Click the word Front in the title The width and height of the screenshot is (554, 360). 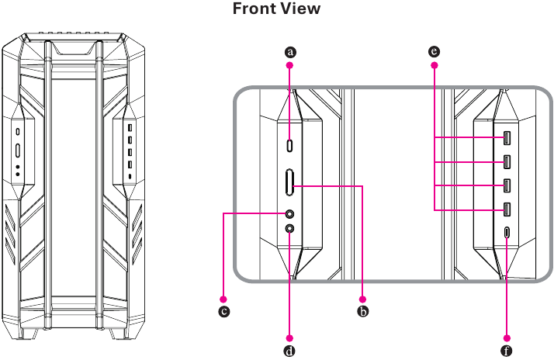pyautogui.click(x=254, y=9)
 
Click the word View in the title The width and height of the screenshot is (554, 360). pyautogui.click(x=301, y=9)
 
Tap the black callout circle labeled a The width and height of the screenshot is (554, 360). pyautogui.click(x=290, y=52)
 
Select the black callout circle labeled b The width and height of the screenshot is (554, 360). pyautogui.click(x=363, y=311)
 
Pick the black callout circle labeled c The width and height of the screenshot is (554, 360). pyautogui.click(x=223, y=311)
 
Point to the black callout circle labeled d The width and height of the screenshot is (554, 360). pyautogui.click(x=289, y=351)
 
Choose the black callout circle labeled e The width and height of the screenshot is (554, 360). pyautogui.click(x=435, y=52)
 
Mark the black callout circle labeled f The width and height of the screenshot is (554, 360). pyautogui.click(x=507, y=351)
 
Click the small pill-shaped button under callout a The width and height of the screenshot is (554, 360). pyautogui.click(x=290, y=145)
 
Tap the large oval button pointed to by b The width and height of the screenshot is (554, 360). pyautogui.click(x=289, y=182)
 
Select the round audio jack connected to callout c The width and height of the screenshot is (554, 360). pyautogui.click(x=289, y=213)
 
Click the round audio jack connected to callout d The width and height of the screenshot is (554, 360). pyautogui.click(x=289, y=229)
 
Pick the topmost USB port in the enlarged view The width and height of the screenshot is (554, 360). pyautogui.click(x=507, y=138)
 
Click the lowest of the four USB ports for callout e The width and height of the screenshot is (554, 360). pyautogui.click(x=507, y=209)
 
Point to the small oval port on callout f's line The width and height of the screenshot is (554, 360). pyautogui.click(x=507, y=233)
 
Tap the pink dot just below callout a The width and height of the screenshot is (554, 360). pyautogui.click(x=289, y=65)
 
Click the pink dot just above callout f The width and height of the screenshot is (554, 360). pyautogui.click(x=507, y=338)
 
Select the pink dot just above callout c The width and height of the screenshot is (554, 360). pyautogui.click(x=223, y=299)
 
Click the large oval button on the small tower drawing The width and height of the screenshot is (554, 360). pyautogui.click(x=18, y=151)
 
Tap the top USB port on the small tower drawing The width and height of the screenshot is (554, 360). pyautogui.click(x=130, y=127)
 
